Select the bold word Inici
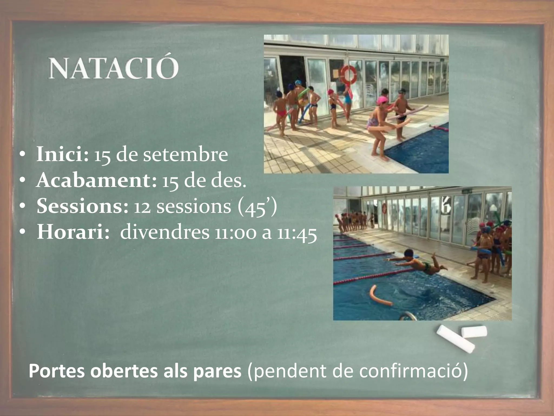[x=62, y=154]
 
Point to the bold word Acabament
[x=96, y=180]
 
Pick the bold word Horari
[x=73, y=232]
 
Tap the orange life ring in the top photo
[x=348, y=74]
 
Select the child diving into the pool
[x=417, y=262]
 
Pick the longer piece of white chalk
[x=455, y=339]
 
